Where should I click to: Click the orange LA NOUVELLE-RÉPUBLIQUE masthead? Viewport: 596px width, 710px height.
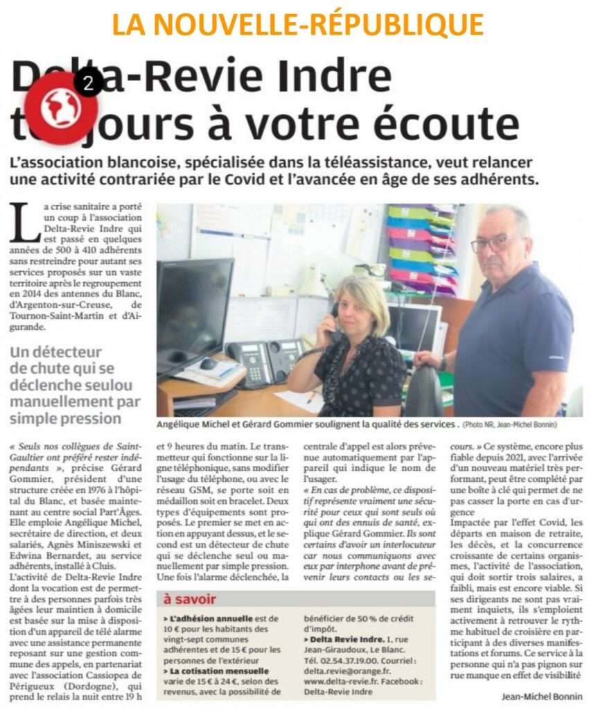point(297,25)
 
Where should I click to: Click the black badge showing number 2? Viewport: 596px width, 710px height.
point(88,84)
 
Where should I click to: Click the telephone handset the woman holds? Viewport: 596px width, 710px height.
point(335,320)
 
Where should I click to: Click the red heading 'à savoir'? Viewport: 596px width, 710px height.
point(190,599)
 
